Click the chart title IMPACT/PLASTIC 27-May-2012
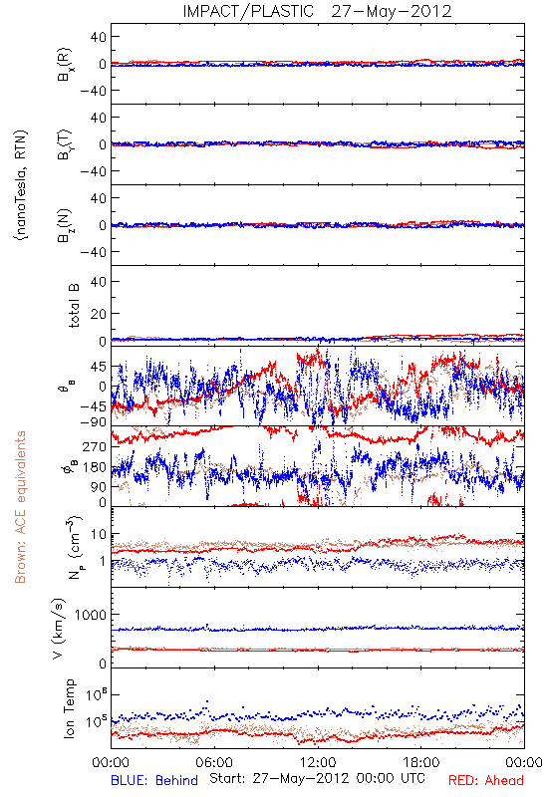click(x=317, y=11)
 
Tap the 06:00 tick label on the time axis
click(x=214, y=762)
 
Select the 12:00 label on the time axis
click(x=318, y=762)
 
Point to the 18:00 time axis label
click(x=421, y=762)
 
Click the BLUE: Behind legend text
click(x=154, y=780)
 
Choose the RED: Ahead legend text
click(x=486, y=780)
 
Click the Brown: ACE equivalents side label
click(x=20, y=507)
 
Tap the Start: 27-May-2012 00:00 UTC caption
click(x=317, y=778)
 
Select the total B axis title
click(x=73, y=306)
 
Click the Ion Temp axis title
click(x=69, y=708)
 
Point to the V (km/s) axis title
click(x=59, y=629)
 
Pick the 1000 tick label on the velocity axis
click(x=91, y=615)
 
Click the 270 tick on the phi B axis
click(x=95, y=446)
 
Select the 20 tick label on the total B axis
click(x=98, y=314)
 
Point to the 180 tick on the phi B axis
click(x=95, y=467)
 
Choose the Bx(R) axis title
click(x=65, y=65)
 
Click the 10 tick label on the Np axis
click(x=98, y=534)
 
